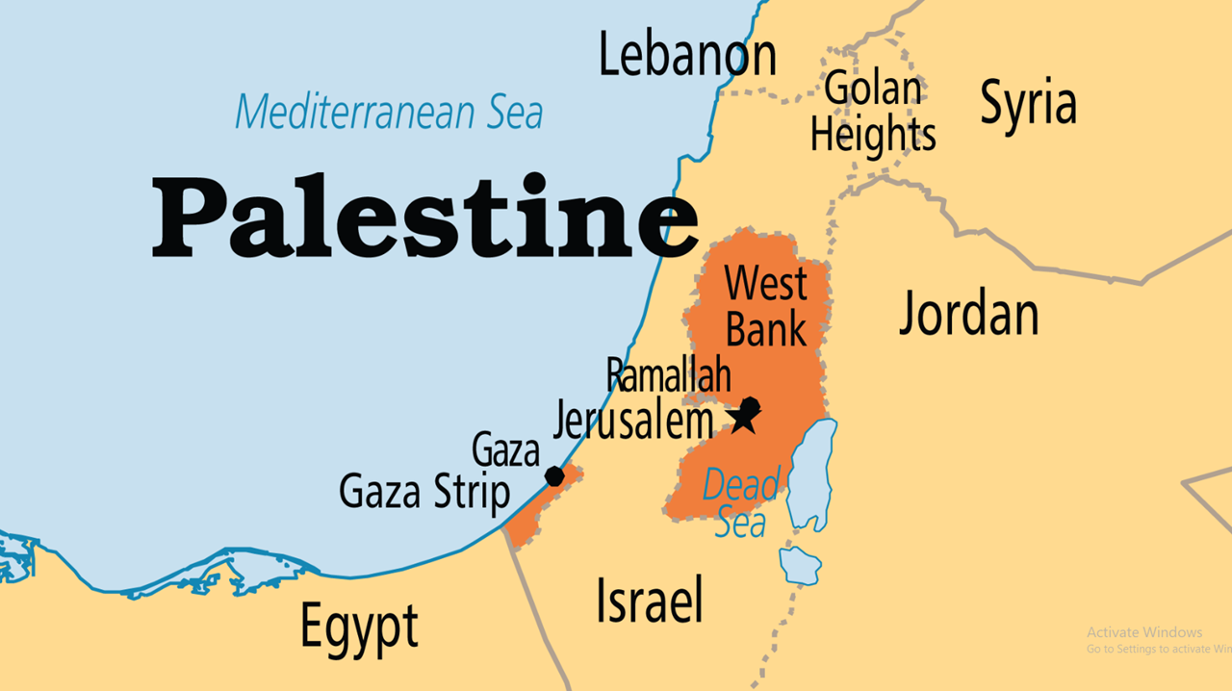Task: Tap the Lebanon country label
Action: click(687, 55)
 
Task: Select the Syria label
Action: click(1027, 103)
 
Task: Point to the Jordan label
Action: click(968, 314)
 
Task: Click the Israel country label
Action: click(649, 600)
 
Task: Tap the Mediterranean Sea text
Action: click(389, 112)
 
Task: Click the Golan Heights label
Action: click(873, 113)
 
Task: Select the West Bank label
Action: click(766, 307)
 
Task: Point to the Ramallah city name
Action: click(668, 376)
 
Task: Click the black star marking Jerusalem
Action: click(743, 420)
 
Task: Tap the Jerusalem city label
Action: click(633, 421)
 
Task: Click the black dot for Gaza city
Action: click(554, 475)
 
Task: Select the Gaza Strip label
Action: click(423, 493)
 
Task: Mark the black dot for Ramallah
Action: click(751, 406)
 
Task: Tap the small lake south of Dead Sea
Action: click(799, 566)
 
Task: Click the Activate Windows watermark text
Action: click(1144, 632)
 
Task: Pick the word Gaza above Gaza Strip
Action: click(505, 450)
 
